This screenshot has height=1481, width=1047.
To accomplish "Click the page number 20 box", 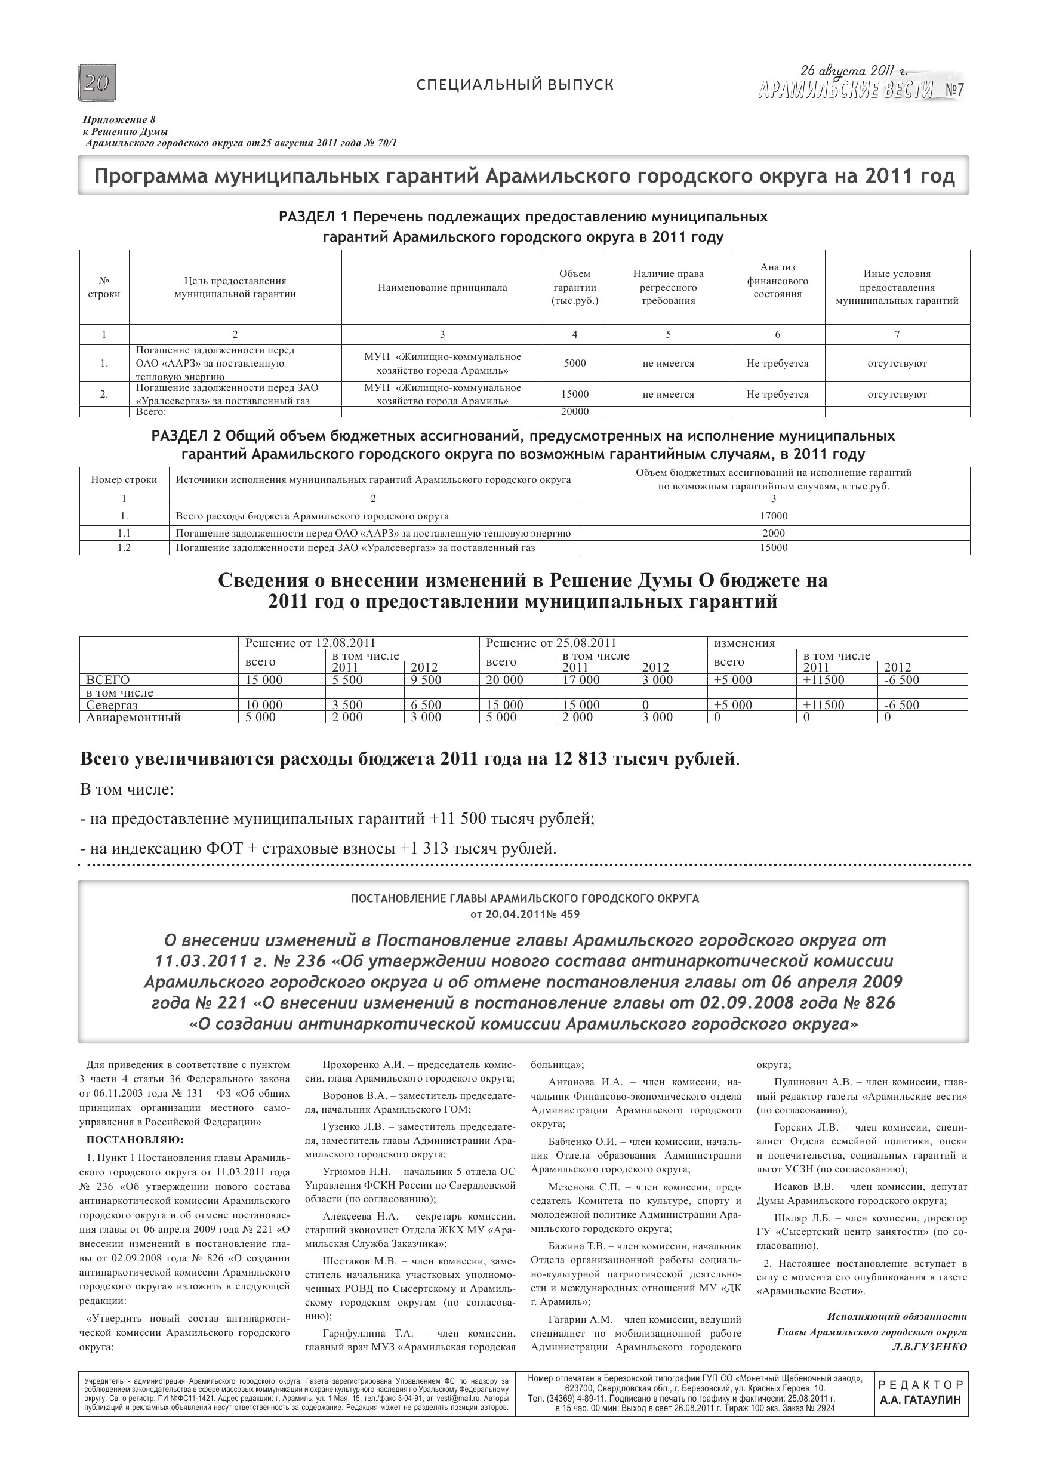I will pos(97,82).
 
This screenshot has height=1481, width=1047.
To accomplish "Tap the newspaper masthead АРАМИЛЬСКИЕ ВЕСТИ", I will pos(846,90).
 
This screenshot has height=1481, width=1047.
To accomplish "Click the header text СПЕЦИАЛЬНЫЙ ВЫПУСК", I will pos(515,85).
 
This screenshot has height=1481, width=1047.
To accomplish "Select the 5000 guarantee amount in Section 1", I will pos(574,363).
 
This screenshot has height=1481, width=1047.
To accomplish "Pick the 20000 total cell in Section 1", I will pos(574,411).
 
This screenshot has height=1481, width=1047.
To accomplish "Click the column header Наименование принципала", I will pos(442,288).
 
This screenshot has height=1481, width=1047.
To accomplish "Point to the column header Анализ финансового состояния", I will pos(777,281).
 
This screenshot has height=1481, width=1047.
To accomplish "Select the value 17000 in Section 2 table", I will pos(774,516).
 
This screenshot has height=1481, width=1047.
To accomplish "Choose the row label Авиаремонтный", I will pos(133,717).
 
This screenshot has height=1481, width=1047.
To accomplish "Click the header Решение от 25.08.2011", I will pos(551,642).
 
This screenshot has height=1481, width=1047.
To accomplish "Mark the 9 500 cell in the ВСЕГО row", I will pos(426,680).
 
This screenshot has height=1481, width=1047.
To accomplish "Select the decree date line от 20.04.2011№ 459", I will pos(525,914).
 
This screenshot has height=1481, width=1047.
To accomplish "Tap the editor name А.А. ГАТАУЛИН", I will pos(920,1400).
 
